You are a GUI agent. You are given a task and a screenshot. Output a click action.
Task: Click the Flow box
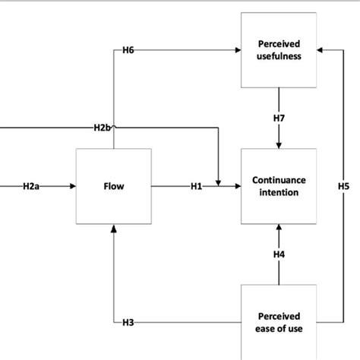pyautogui.click(x=112, y=186)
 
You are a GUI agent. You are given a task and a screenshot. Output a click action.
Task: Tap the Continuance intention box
pyautogui.click(x=279, y=186)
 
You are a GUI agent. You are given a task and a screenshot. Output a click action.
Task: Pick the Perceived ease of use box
pyautogui.click(x=279, y=321)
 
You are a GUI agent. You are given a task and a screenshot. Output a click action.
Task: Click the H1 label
pyautogui.click(x=197, y=186)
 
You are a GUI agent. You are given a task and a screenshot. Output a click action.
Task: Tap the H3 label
pyautogui.click(x=128, y=323)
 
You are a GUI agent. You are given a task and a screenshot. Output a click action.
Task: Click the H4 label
pyautogui.click(x=279, y=254)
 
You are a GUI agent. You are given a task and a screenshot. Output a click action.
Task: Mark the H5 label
pyautogui.click(x=343, y=186)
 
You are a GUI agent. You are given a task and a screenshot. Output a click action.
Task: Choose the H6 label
pyautogui.click(x=128, y=50)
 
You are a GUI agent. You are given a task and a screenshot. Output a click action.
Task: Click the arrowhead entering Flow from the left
pyautogui.click(x=72, y=186)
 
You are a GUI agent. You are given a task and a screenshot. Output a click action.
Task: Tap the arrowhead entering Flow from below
pyautogui.click(x=113, y=228)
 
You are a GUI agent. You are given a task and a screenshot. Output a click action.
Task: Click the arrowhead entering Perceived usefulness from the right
pyautogui.click(x=321, y=50)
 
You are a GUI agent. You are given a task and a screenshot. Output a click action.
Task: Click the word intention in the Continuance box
pyautogui.click(x=279, y=193)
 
